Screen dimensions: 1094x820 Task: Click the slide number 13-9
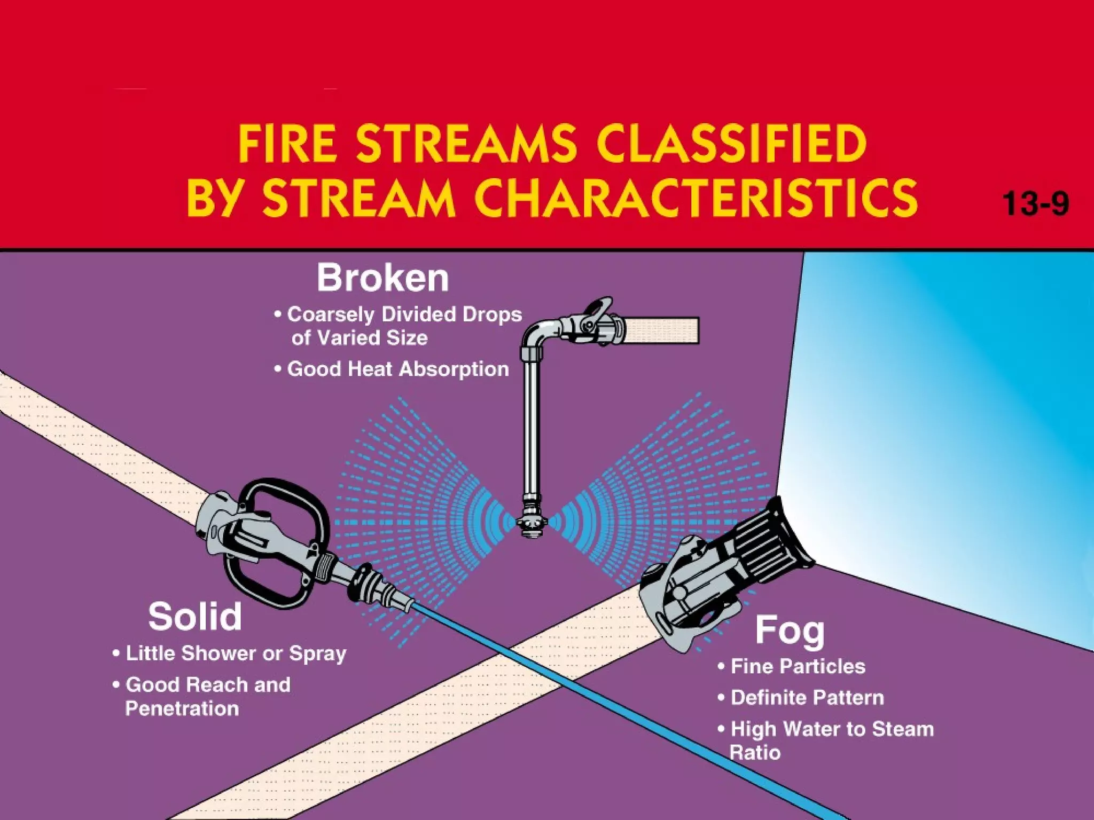[1035, 203]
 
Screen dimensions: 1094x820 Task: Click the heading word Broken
[382, 278]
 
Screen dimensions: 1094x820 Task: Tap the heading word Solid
[195, 617]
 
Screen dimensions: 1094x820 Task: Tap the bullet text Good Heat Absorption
[397, 369]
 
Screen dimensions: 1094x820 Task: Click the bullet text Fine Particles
[798, 666]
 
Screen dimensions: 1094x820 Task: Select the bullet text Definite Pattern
[807, 697]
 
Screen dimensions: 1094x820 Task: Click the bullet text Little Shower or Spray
[236, 653]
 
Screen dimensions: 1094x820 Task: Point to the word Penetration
[182, 708]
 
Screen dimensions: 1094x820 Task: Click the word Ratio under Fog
[755, 753]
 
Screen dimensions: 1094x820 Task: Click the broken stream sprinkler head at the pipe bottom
[532, 524]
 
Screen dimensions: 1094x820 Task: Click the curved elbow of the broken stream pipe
[534, 336]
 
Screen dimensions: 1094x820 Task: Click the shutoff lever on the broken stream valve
[598, 309]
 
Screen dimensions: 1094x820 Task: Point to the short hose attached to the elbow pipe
[662, 330]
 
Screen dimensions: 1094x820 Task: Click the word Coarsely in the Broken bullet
[331, 314]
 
